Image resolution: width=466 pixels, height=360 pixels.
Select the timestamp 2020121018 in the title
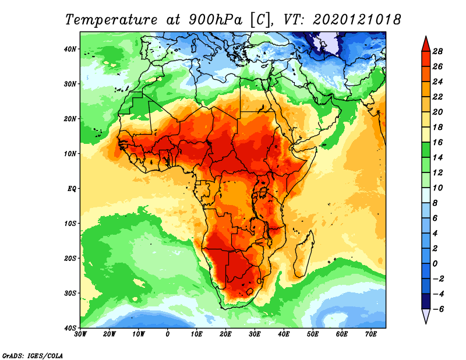[x=356, y=19]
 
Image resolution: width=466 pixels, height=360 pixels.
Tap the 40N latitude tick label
[x=70, y=49]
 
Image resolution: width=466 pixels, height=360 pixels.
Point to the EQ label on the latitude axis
[x=72, y=189]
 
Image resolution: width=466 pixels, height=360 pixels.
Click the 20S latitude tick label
[x=70, y=258]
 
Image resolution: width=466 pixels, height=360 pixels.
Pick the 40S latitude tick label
[x=70, y=327]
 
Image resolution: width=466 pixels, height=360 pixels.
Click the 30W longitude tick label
[x=81, y=334]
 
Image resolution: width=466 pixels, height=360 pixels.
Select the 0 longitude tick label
[x=168, y=334]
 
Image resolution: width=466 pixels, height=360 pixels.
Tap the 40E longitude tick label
[x=284, y=334]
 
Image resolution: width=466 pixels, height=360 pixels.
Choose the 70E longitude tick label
[x=370, y=334]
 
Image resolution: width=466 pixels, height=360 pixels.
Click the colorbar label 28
[x=438, y=51]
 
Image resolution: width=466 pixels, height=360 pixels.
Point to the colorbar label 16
[x=438, y=142]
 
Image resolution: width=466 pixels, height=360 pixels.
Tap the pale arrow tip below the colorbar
[x=426, y=316]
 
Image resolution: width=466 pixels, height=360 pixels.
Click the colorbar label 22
[x=438, y=97]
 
